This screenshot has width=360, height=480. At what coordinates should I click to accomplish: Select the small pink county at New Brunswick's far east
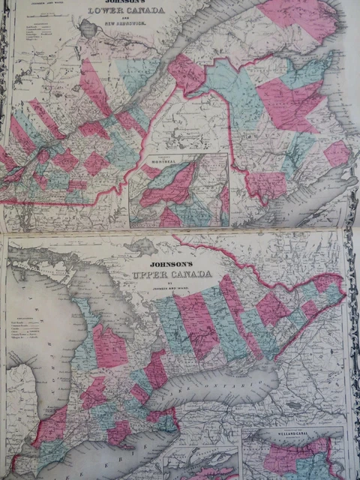[x=337, y=154]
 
